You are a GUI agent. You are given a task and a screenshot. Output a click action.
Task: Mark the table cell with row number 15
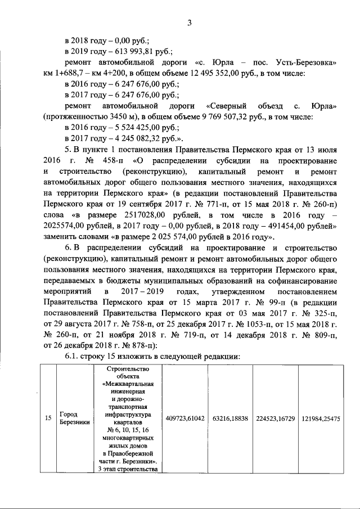point(48,418)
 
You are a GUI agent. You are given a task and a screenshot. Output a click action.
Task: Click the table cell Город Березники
point(75,418)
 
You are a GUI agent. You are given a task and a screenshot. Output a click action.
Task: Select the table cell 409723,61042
point(185,418)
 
